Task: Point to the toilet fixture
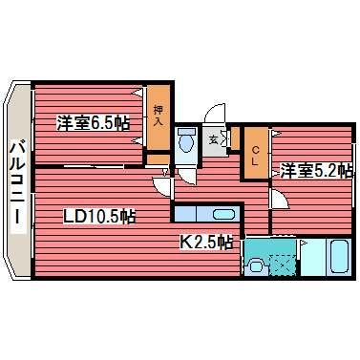coord(186,140)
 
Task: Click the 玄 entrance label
coord(214,140)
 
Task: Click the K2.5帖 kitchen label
coord(207,242)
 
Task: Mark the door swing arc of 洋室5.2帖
coord(279,200)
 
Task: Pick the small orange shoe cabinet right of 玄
coord(234,140)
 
